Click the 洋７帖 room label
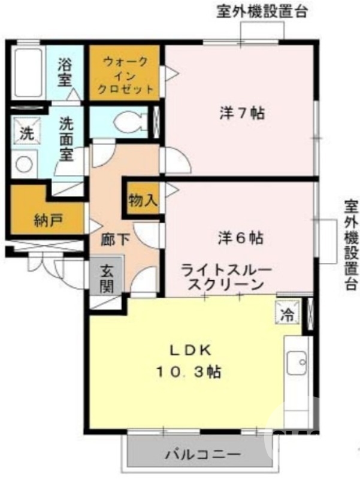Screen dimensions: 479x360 242,114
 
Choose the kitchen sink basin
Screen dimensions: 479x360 295,363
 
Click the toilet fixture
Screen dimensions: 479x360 128,121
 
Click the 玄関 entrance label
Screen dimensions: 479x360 107,278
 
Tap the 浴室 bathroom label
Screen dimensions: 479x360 65,72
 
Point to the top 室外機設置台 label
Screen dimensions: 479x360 258,11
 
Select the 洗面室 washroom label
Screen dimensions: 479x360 65,139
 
